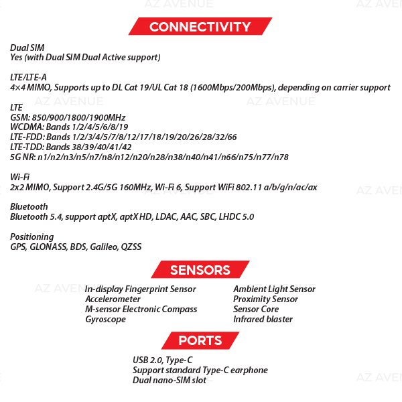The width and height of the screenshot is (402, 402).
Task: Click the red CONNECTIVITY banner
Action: click(200, 27)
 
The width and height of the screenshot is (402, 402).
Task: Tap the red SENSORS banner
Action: click(200, 271)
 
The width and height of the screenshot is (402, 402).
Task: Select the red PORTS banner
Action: click(200, 341)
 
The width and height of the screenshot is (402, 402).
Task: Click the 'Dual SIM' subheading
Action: click(27, 48)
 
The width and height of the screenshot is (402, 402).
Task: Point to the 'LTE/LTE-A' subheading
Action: click(28, 78)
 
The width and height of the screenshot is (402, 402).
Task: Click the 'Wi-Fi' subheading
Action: click(19, 177)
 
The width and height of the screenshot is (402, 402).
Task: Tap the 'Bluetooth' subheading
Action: click(29, 207)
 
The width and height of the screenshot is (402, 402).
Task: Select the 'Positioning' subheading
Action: click(31, 237)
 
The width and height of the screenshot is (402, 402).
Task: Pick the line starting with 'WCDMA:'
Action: click(68, 127)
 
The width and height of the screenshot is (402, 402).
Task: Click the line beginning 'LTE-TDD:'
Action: click(70, 147)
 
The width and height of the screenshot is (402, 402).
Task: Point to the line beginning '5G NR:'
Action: click(149, 157)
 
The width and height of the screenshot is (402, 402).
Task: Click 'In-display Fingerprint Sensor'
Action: click(140, 289)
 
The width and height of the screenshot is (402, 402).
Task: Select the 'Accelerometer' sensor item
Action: click(113, 299)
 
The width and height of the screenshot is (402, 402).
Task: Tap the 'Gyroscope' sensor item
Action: click(105, 320)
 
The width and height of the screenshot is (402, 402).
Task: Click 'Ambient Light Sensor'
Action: click(273, 289)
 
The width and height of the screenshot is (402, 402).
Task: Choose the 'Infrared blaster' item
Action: click(263, 320)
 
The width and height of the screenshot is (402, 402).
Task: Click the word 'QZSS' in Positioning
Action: click(131, 247)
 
